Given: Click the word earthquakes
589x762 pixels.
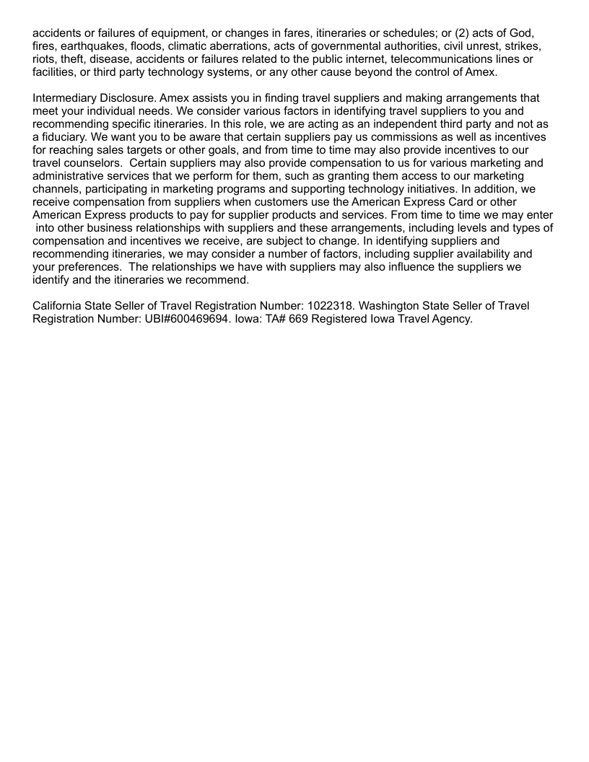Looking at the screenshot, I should pos(91,45).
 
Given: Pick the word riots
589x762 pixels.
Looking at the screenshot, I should pos(45,58).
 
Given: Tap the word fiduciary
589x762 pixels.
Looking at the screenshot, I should pos(66,136).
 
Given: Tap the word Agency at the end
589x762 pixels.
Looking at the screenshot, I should pos(450,319).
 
